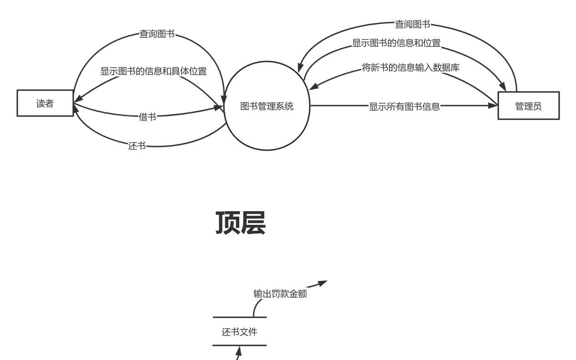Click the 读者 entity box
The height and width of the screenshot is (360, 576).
click(45, 103)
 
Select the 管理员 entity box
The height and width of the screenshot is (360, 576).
click(528, 106)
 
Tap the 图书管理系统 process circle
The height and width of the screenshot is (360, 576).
click(267, 106)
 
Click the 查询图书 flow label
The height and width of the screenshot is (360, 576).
click(157, 34)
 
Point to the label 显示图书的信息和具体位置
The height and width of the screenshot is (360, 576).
click(153, 71)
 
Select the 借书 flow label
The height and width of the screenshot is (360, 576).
click(147, 117)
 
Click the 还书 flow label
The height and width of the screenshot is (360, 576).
click(137, 146)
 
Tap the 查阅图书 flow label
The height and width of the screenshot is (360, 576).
click(412, 25)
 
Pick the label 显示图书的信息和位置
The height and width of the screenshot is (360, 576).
click(396, 43)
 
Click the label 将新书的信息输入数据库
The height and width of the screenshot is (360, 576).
click(410, 68)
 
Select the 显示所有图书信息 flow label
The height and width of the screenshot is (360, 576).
click(404, 107)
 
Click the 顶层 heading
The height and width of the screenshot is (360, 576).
click(240, 223)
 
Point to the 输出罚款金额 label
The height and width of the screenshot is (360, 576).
click(280, 294)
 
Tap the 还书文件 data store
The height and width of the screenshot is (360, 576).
click(239, 332)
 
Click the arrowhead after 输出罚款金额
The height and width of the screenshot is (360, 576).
click(322, 283)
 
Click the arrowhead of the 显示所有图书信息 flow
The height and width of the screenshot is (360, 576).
click(493, 106)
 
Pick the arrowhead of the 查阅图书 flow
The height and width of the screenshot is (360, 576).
click(300, 67)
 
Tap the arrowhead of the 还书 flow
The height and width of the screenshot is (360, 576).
click(76, 109)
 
